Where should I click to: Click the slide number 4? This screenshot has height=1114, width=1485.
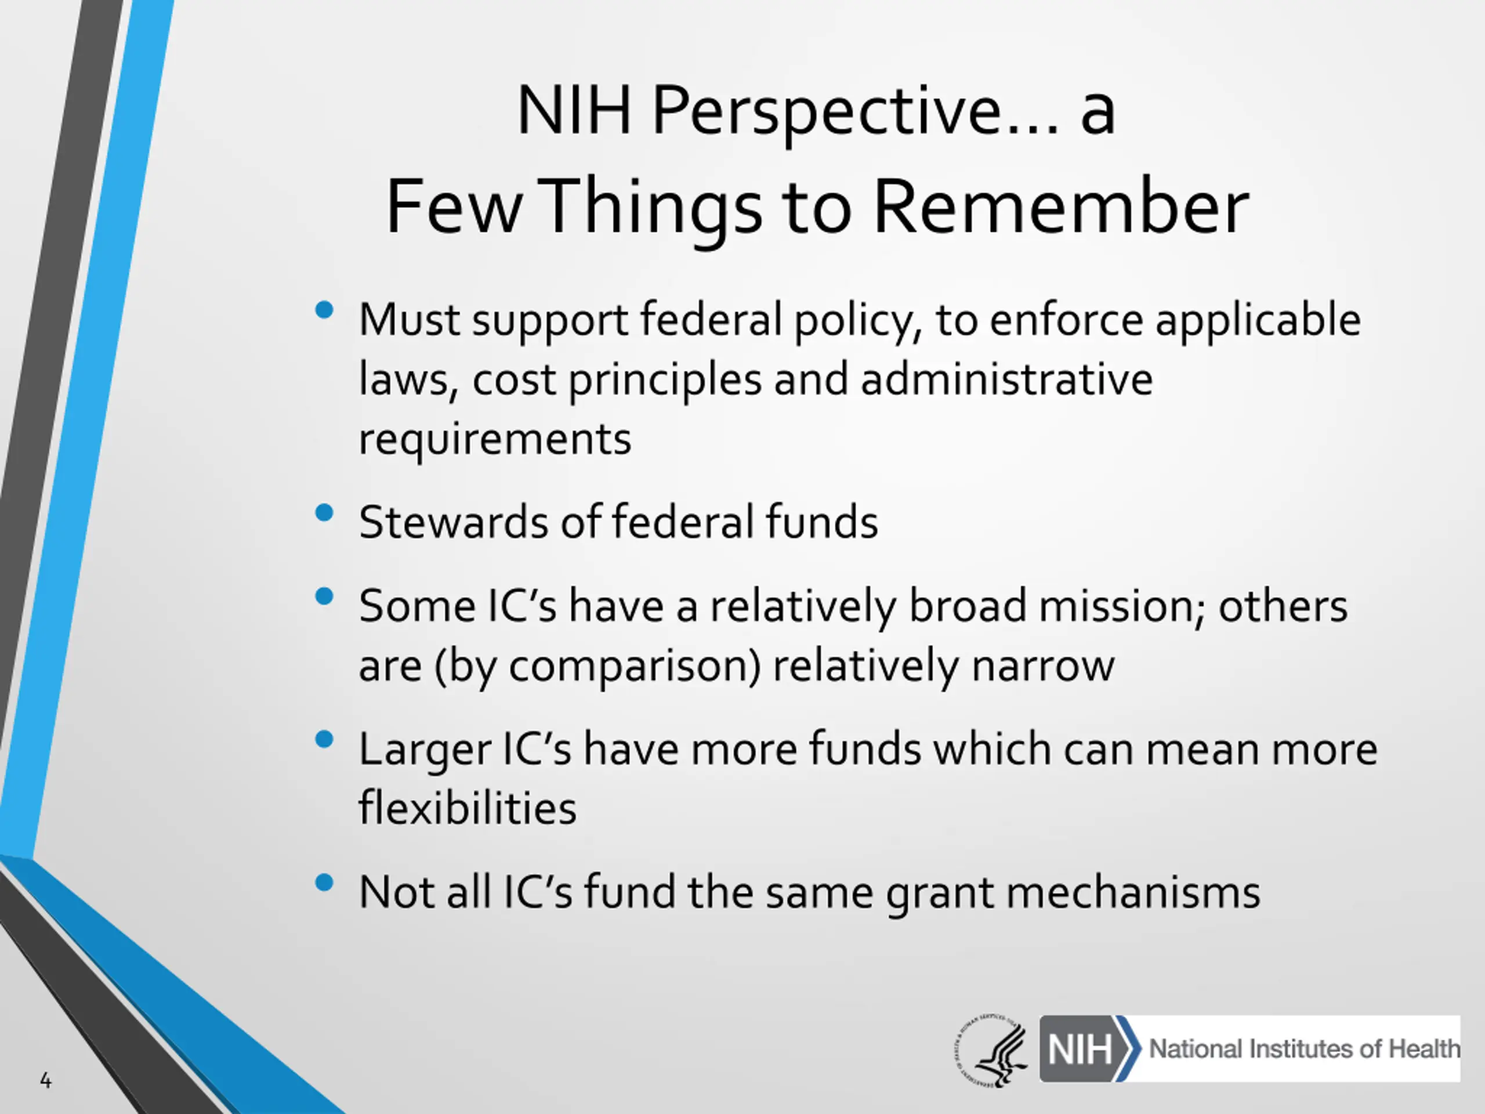pyautogui.click(x=46, y=1080)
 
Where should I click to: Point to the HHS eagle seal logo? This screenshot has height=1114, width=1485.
pyautogui.click(x=991, y=1050)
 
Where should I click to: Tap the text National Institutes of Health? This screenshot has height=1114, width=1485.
pyautogui.click(x=1305, y=1049)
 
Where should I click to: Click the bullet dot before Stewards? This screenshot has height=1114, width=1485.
pyautogui.click(x=324, y=513)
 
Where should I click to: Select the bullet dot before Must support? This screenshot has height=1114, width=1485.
pyautogui.click(x=324, y=310)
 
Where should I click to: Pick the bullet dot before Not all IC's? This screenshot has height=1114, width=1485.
pyautogui.click(x=324, y=882)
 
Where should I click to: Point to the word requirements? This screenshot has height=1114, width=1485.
pyautogui.click(x=495, y=440)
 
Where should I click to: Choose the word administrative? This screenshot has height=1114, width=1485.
pyautogui.click(x=1007, y=379)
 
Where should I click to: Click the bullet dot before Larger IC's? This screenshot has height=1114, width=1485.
pyautogui.click(x=324, y=739)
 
